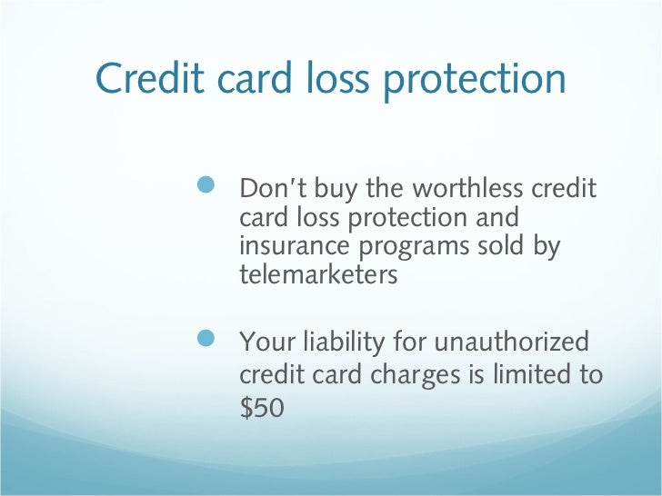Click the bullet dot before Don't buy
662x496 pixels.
(206, 186)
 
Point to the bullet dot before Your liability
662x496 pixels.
(206, 340)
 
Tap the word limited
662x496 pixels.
(524, 375)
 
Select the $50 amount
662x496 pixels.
(262, 408)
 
